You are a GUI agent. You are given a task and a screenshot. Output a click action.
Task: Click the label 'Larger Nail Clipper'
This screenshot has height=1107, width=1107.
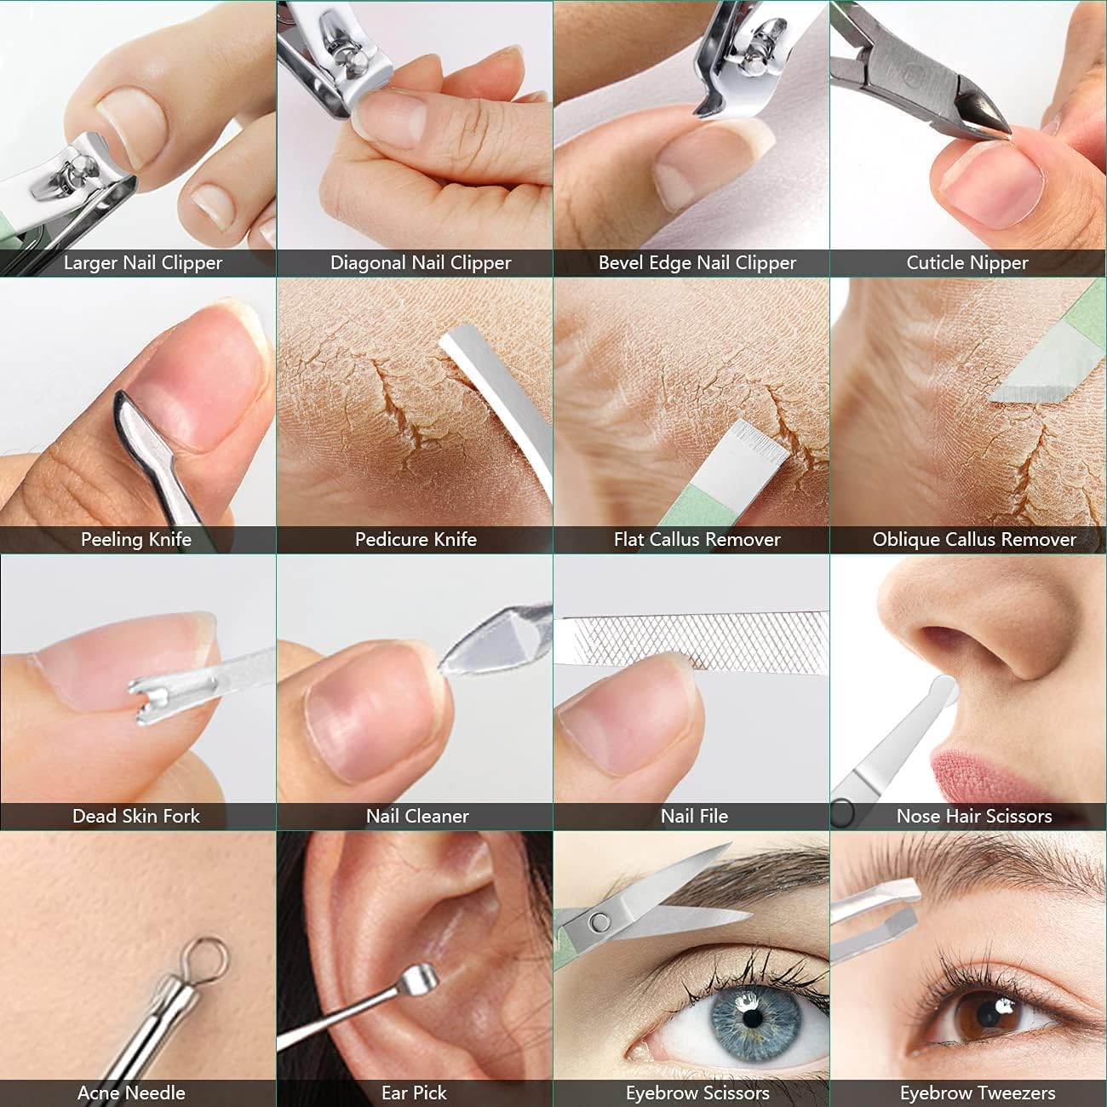coord(142,263)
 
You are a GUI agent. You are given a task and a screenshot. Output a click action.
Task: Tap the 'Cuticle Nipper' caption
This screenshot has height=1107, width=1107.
coord(967,263)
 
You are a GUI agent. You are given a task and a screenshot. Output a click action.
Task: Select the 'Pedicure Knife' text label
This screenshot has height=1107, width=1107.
coord(416,539)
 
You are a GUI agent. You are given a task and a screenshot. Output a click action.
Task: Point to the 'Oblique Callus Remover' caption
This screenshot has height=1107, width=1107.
coord(974,539)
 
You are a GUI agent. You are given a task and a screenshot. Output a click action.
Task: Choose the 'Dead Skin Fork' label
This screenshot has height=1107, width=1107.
coord(136,816)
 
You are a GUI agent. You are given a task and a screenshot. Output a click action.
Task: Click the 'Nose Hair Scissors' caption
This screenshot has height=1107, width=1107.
coord(974,816)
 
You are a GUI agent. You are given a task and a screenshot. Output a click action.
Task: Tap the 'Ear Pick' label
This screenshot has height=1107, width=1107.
coord(414,1093)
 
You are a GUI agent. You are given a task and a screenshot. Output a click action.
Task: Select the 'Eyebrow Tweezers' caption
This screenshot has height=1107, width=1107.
coord(978,1093)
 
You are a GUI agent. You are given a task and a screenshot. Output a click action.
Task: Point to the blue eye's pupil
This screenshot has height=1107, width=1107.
coord(749,1016)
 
